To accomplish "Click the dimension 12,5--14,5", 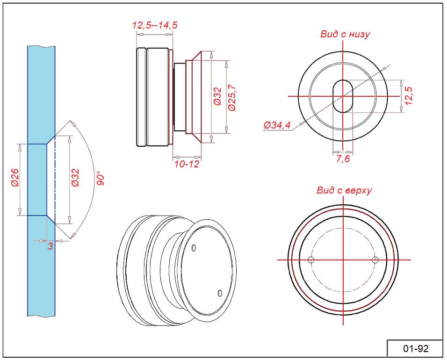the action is pyautogui.click(x=155, y=25).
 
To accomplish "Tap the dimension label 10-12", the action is pyautogui.click(x=187, y=164).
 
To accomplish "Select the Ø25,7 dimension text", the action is pyautogui.click(x=232, y=98).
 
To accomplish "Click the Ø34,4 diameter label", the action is pyautogui.click(x=277, y=125).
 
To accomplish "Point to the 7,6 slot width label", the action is pyautogui.click(x=343, y=159).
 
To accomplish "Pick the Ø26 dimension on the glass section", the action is pyautogui.click(x=15, y=178).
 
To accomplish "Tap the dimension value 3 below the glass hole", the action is pyautogui.click(x=50, y=246).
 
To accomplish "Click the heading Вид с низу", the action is pyautogui.click(x=345, y=34).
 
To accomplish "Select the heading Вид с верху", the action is pyautogui.click(x=345, y=190).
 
